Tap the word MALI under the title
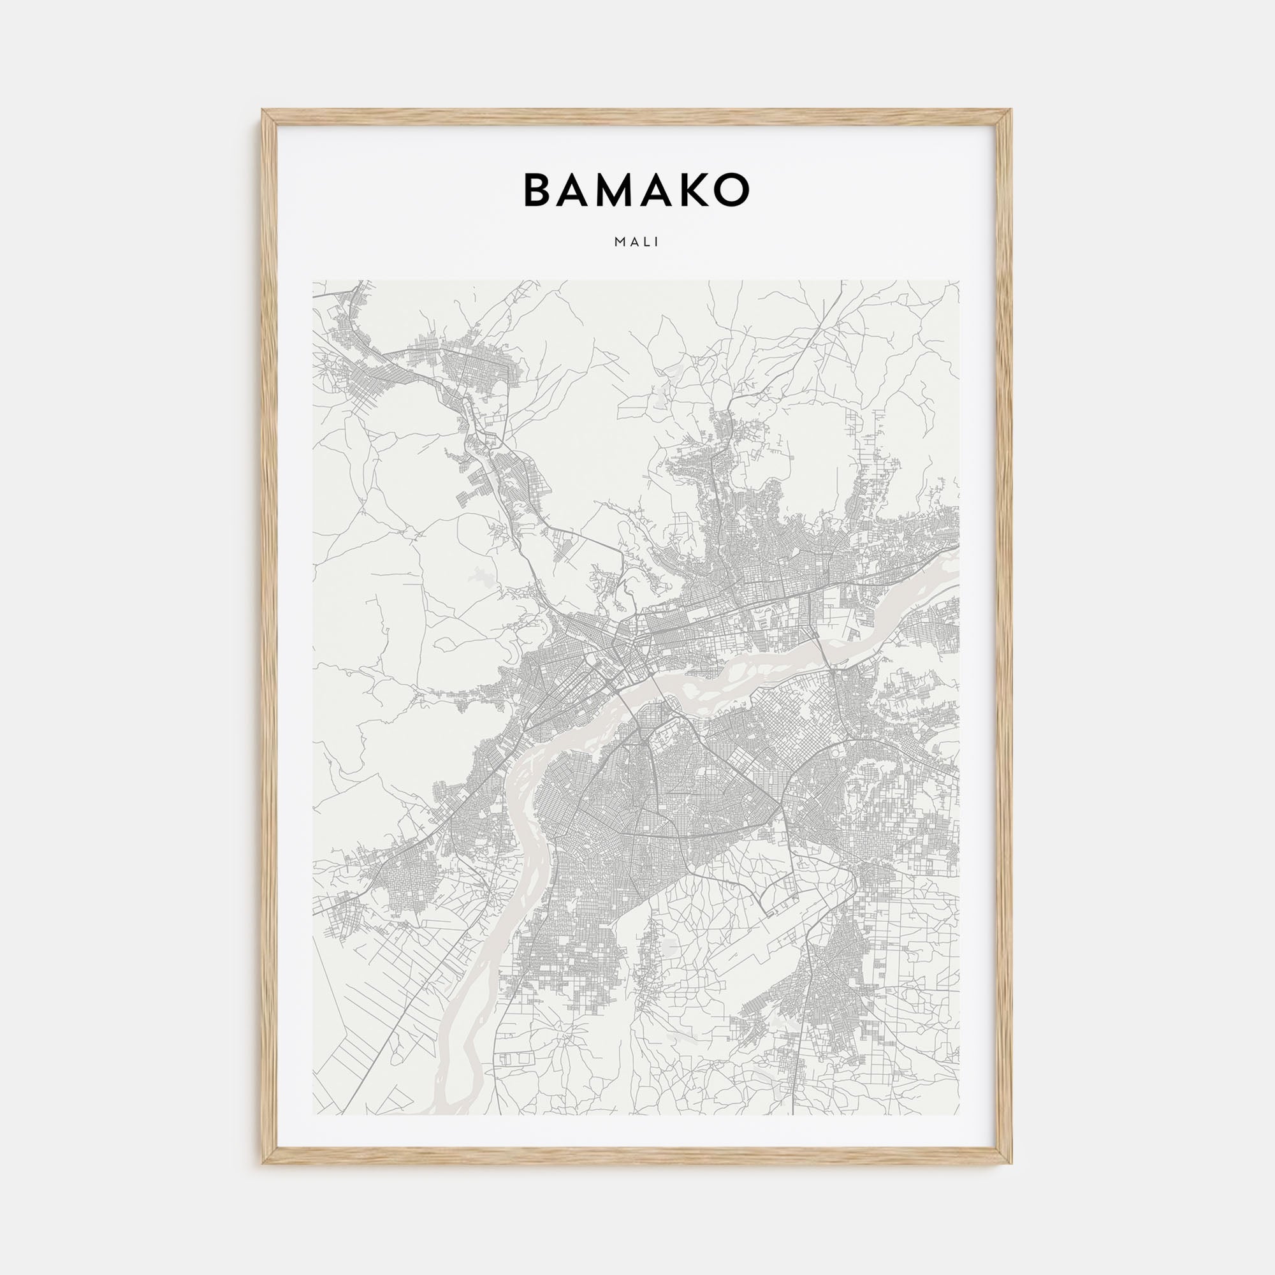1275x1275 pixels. point(637,242)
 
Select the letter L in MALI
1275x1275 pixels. point(648,242)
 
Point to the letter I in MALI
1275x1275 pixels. point(657,242)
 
